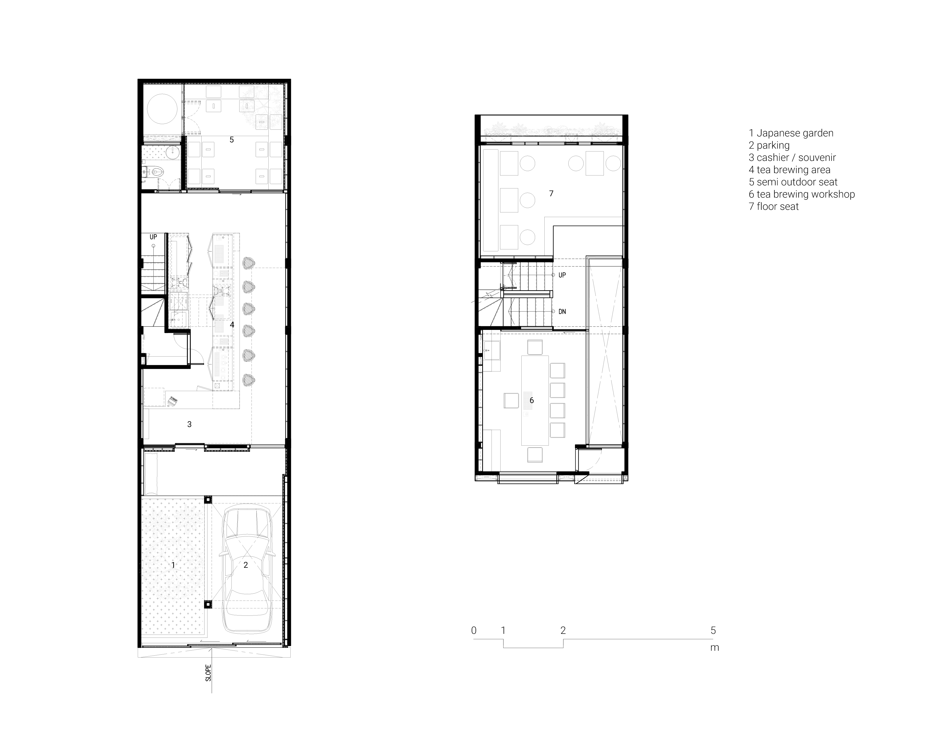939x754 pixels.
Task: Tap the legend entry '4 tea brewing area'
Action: pos(789,170)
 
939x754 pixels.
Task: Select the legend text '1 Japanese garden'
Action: pos(791,133)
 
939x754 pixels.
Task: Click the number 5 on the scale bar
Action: pos(713,630)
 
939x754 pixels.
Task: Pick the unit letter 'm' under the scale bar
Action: pos(714,648)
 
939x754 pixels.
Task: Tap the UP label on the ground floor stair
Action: pos(153,237)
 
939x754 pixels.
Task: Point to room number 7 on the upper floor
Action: pos(551,193)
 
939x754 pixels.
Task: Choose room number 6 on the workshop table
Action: pos(531,400)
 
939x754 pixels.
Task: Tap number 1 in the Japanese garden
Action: pos(173,565)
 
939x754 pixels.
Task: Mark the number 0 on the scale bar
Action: pos(474,630)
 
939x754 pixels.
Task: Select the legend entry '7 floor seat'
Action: pos(774,207)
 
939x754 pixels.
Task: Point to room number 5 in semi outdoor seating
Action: pos(232,140)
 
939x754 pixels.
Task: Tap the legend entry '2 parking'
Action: pos(769,145)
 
